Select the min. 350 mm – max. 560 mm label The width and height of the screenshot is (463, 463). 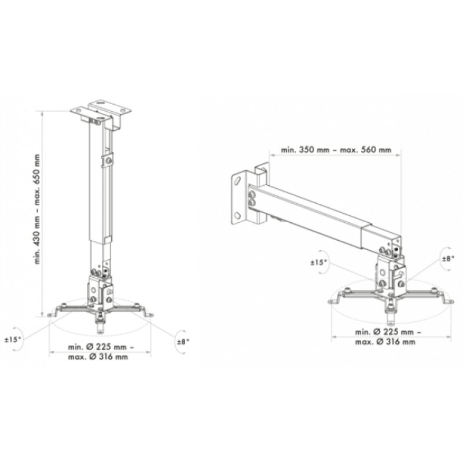click(x=336, y=150)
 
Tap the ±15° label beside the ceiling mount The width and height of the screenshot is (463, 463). click(x=14, y=339)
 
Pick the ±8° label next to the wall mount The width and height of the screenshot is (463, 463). click(x=449, y=259)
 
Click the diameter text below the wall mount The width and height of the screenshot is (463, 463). click(x=385, y=337)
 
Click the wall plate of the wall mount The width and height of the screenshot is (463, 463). click(x=238, y=197)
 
